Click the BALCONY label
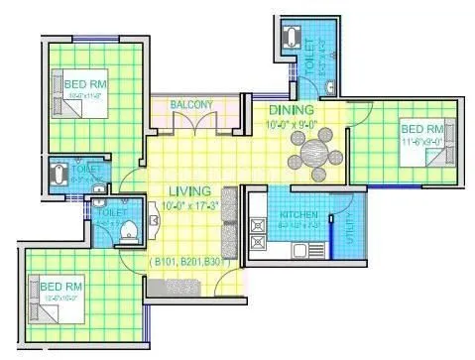pyautogui.click(x=191, y=102)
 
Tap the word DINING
pyautogui.click(x=292, y=109)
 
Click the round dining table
pyautogui.click(x=313, y=154)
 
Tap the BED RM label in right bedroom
pyautogui.click(x=420, y=129)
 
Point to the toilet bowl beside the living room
pyautogui.click(x=126, y=231)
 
